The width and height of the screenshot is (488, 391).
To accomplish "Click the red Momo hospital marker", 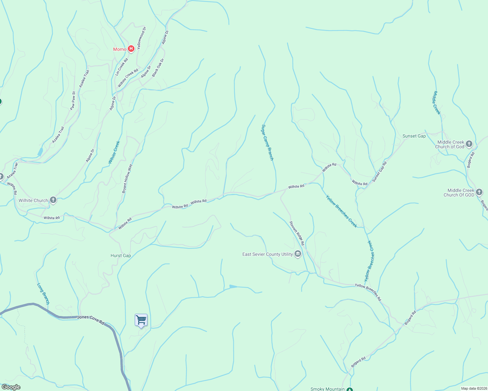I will click(x=131, y=49).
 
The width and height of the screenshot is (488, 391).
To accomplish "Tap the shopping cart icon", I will click(x=141, y=320).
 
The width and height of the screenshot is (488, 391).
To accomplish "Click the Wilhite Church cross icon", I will click(x=53, y=200).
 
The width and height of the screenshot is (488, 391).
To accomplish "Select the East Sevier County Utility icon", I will click(x=297, y=254).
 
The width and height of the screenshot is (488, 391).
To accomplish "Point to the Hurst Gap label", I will click(x=121, y=255).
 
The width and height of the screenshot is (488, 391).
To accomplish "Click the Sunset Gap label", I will click(x=414, y=136).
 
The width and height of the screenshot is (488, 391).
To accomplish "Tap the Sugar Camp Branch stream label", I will click(x=267, y=142).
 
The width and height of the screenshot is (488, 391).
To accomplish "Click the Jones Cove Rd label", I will click(x=91, y=320).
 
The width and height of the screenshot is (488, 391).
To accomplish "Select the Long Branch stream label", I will click(x=43, y=294).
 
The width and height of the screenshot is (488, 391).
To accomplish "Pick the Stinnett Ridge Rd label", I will click(x=297, y=233).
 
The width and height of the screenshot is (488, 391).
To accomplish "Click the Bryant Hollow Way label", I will click(x=128, y=179).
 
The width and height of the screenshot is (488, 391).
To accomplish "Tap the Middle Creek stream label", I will click(x=436, y=103).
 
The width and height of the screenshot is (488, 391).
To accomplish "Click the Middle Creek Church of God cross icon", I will click(x=469, y=144).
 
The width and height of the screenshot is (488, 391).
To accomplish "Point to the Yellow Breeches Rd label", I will click(x=368, y=292).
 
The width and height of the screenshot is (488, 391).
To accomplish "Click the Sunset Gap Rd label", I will click(x=380, y=171).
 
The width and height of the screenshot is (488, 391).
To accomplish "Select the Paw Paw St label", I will click(x=73, y=100).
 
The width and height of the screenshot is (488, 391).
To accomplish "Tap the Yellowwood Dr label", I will click(x=142, y=38).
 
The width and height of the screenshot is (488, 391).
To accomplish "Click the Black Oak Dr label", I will click(x=158, y=67).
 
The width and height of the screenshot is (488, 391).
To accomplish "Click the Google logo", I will click(x=11, y=387).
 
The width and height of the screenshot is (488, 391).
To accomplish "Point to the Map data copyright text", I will click(x=473, y=388).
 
